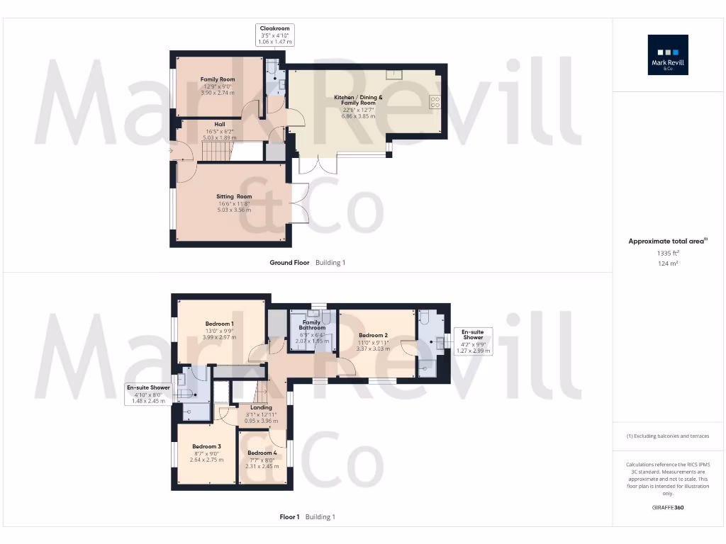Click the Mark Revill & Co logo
668,55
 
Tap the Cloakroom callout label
275,35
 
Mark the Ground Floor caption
289,263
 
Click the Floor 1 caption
289,517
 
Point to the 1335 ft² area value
668,253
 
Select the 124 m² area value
668,263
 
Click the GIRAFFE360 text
668,508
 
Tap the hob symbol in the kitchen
435,101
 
